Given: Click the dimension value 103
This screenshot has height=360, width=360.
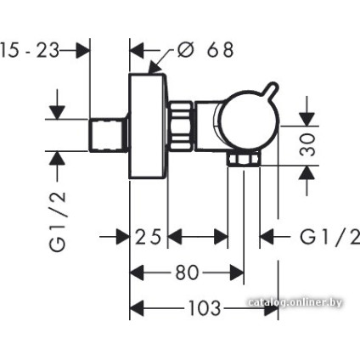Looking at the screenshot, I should (x=203, y=308).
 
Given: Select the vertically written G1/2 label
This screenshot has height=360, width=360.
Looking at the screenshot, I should (x=58, y=220).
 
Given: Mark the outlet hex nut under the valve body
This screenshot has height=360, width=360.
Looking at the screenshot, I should (x=244, y=161).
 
